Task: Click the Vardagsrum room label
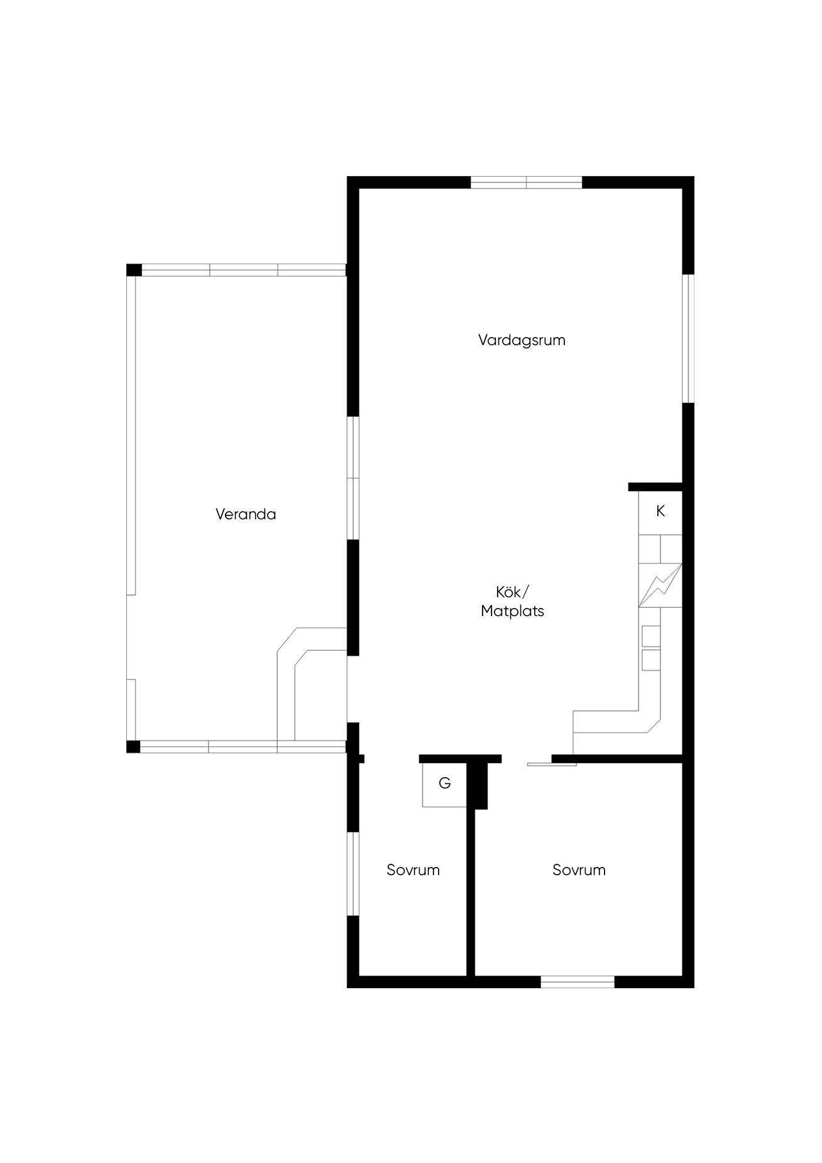coord(522,340)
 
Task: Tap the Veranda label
coord(246,514)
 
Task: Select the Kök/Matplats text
coord(512,602)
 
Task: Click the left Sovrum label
coord(413,870)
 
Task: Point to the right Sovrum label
coord(579,870)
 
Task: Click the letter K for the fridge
coord(660,511)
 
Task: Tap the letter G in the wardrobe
coord(444,783)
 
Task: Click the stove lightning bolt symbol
coord(660,585)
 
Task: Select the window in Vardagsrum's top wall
coord(527,182)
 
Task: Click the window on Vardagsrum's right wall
coord(688,338)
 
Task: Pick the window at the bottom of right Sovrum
coord(578,981)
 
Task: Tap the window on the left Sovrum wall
coord(353,874)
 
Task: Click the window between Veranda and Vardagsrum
coord(353,478)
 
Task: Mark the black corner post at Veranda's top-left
coord(134,270)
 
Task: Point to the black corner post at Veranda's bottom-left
coord(133,746)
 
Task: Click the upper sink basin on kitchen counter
coord(651,636)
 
